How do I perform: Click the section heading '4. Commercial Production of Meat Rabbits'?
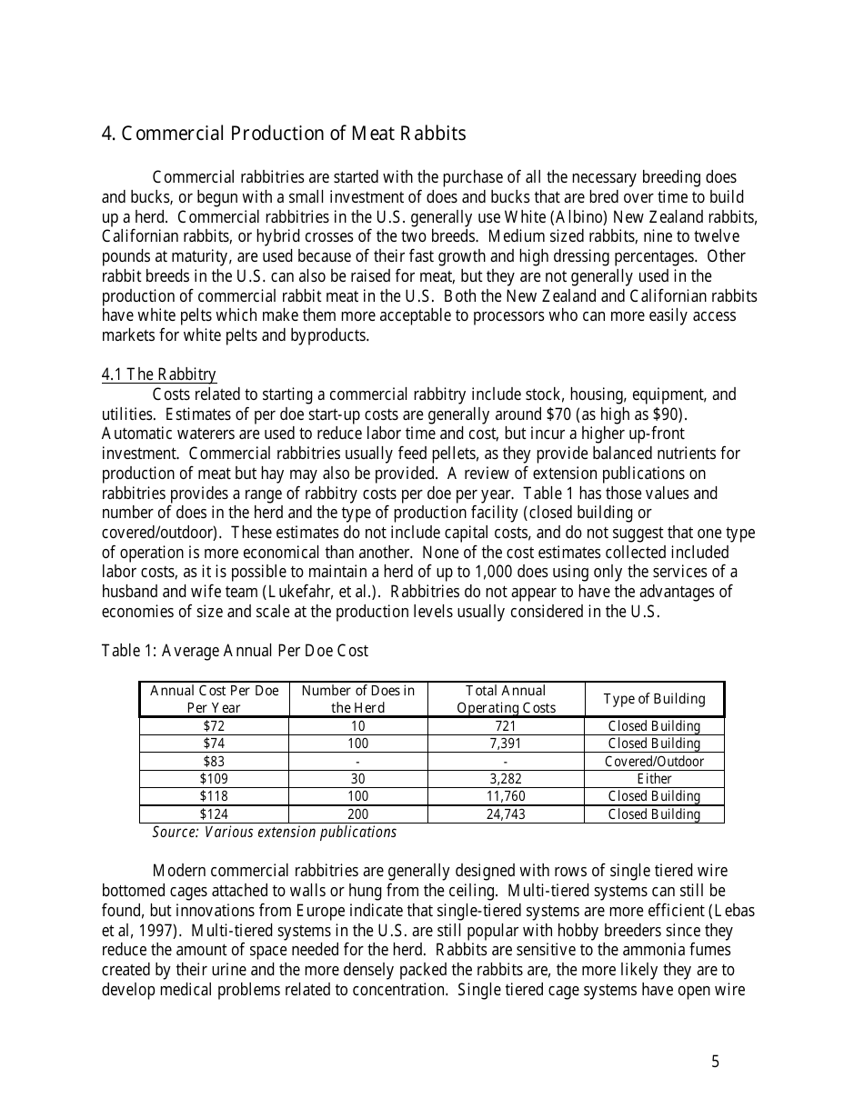(283, 134)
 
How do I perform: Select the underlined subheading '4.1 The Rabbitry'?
(158, 374)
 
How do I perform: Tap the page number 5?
(715, 1062)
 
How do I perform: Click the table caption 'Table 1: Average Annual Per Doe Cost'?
(235, 651)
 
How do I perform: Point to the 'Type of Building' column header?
(654, 699)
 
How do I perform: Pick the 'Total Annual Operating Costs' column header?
(505, 699)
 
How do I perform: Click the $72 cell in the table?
(214, 726)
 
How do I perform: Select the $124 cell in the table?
(214, 814)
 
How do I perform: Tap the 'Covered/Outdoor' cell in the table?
(654, 762)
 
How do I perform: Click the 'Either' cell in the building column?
(654, 779)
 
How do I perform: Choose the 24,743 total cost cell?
(505, 814)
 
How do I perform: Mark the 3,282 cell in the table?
(505, 779)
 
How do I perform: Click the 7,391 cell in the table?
(505, 744)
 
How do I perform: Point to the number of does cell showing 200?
(357, 814)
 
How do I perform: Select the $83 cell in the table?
(214, 762)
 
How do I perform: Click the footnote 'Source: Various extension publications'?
(274, 832)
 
